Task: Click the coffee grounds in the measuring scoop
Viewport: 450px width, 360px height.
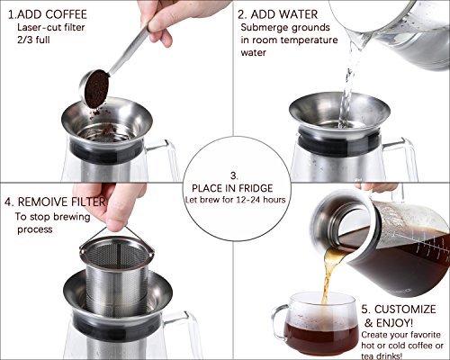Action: (96, 88)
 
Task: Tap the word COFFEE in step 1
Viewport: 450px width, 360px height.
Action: (67, 14)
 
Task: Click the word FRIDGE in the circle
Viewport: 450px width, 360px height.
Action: (255, 188)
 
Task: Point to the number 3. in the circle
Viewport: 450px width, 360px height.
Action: (234, 175)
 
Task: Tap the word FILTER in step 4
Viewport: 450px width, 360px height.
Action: (89, 202)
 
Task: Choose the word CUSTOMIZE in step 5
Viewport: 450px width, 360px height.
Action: (405, 310)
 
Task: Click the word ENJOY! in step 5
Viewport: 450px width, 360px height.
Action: (394, 323)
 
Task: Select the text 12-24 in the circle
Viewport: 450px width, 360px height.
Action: (248, 200)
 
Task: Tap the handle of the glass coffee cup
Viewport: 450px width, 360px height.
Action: (277, 323)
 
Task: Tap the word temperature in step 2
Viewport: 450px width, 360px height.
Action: (309, 40)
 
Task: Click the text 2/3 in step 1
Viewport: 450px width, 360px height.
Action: (25, 40)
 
